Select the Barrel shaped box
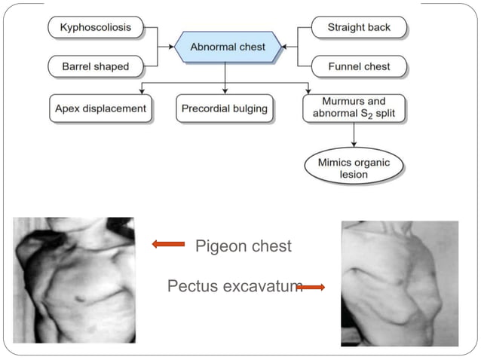pyautogui.click(x=95, y=66)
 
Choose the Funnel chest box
pyautogui.click(x=358, y=66)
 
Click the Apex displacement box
pyautogui.click(x=101, y=108)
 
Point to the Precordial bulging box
pyautogui.click(x=225, y=108)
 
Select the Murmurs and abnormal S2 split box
pyautogui.click(x=354, y=108)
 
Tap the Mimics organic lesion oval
pyautogui.click(x=354, y=168)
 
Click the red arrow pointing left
pyautogui.click(x=168, y=244)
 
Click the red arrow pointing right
pyautogui.click(x=311, y=287)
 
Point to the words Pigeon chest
pyautogui.click(x=243, y=246)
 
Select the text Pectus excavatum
pyautogui.click(x=234, y=286)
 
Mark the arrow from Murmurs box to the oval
pyautogui.click(x=354, y=136)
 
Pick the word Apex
pyautogui.click(x=67, y=108)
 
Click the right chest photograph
pyautogui.click(x=399, y=282)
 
